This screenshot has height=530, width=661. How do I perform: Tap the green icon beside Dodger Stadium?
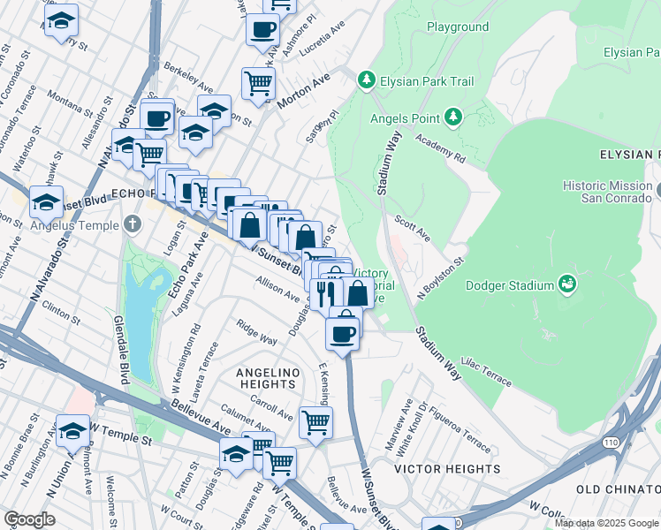(568, 284)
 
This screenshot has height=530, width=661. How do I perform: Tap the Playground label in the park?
(458, 26)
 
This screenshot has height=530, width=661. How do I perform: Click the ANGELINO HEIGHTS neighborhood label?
(266, 378)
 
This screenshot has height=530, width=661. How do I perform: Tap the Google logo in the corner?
(30, 519)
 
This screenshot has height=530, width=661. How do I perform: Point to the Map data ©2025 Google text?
(606, 523)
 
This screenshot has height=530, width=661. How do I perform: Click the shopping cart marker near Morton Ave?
(258, 83)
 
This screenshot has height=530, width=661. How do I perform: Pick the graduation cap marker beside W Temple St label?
(72, 430)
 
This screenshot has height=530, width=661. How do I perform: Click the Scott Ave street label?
(412, 230)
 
